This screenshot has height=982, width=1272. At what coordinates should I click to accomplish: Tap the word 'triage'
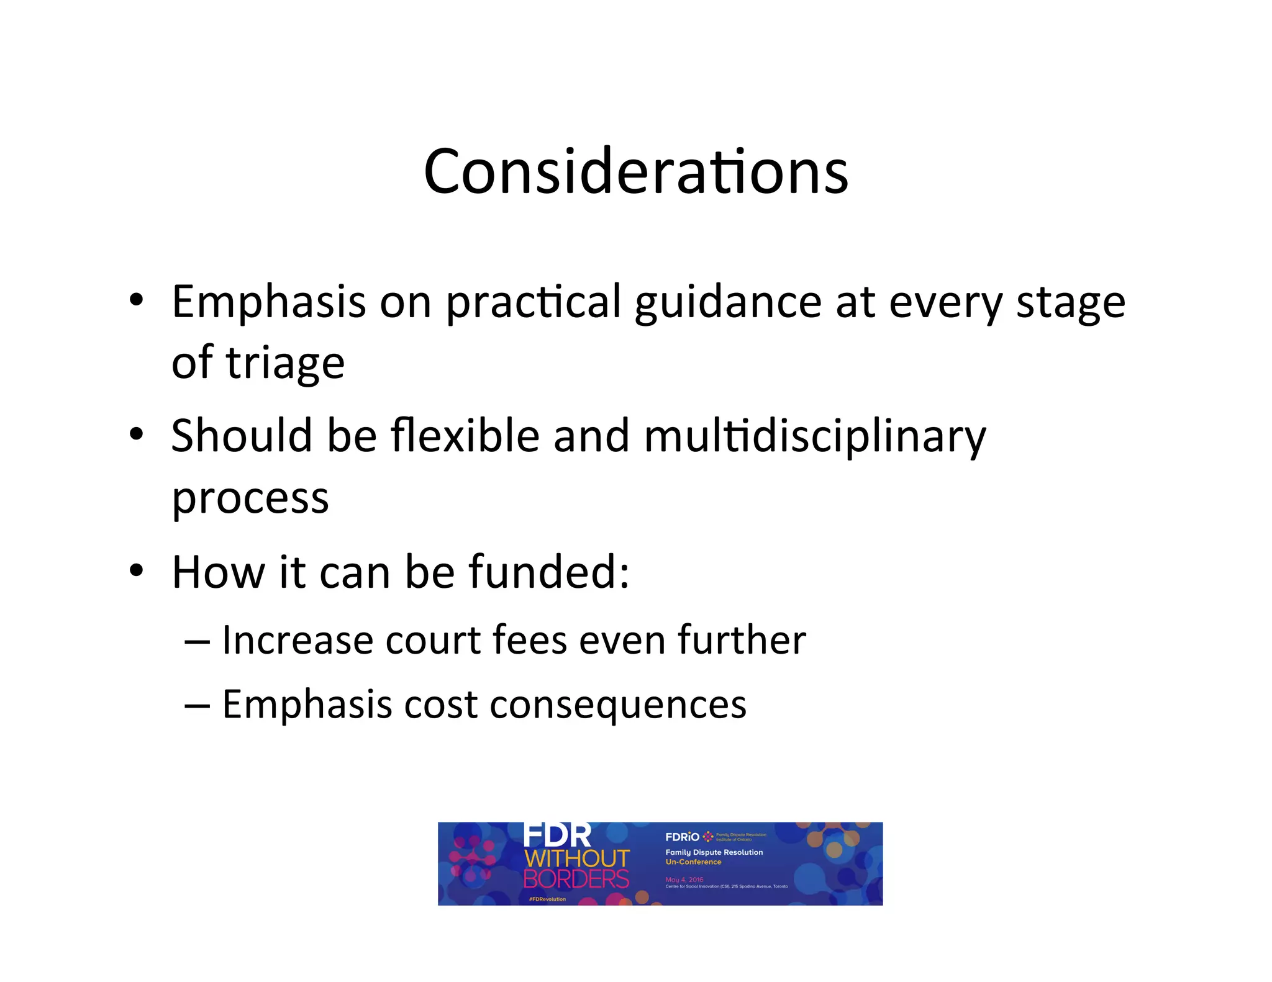tap(285, 363)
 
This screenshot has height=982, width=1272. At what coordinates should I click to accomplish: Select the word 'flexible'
tap(465, 436)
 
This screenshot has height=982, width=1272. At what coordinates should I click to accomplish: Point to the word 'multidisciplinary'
tap(815, 437)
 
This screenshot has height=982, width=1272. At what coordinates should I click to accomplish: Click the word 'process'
tap(250, 498)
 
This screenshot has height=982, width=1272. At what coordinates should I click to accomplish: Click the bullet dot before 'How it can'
tap(136, 570)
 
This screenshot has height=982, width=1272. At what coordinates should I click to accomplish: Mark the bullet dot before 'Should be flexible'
tap(136, 434)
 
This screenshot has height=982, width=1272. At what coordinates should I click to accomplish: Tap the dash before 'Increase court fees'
tap(197, 641)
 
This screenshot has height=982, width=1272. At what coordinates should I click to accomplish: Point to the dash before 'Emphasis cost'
tap(197, 706)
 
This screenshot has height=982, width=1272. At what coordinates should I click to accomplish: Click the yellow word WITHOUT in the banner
tap(577, 858)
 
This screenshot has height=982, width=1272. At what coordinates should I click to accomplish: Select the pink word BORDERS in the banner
tap(576, 879)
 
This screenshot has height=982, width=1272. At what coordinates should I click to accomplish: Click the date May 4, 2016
tap(684, 880)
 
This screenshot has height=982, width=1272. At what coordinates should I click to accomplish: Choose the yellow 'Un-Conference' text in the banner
tap(693, 862)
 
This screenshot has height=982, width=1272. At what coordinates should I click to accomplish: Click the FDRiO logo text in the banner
tap(682, 837)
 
